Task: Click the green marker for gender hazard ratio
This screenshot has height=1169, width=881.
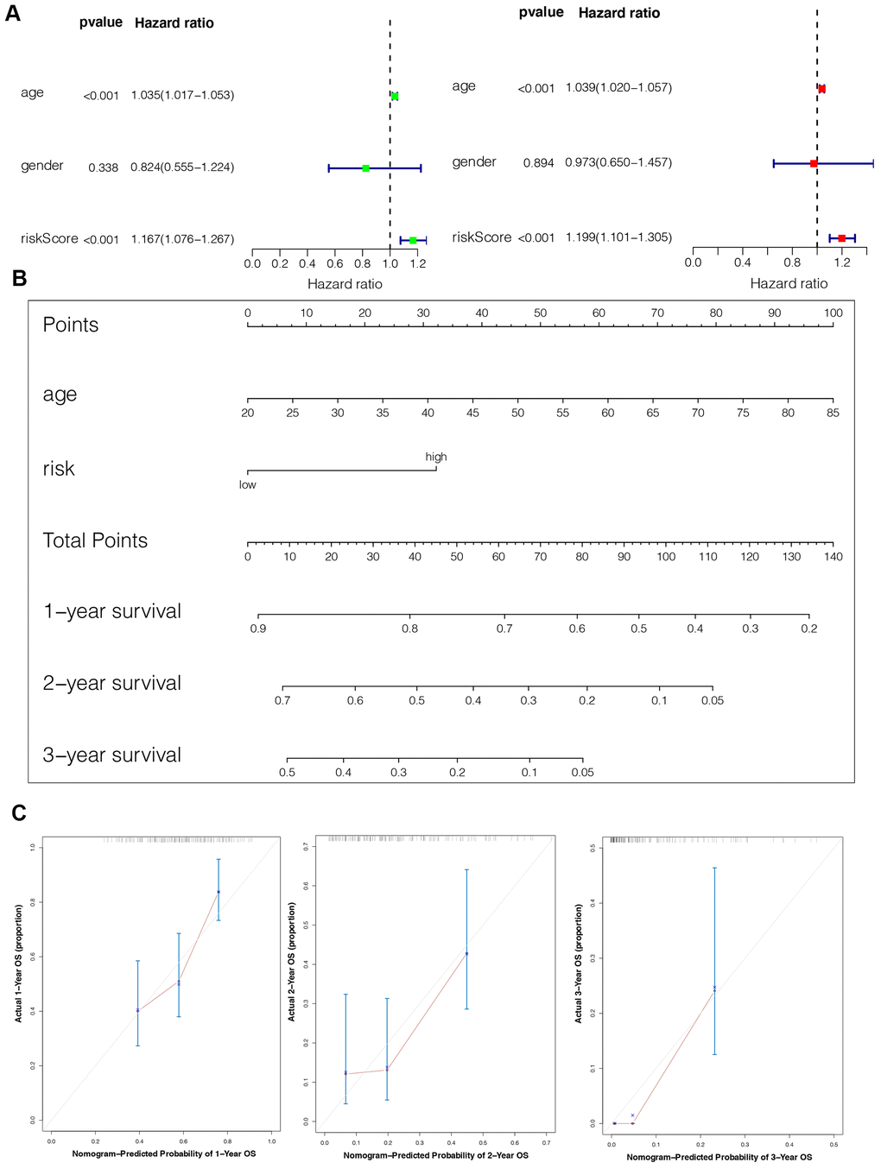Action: [x=365, y=168]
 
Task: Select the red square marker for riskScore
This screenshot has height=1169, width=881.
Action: [x=842, y=237]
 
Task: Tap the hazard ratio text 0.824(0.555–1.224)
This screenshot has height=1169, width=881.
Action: [x=182, y=167]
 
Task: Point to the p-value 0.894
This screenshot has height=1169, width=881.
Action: [x=538, y=163]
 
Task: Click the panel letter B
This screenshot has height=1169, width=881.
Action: [x=19, y=278]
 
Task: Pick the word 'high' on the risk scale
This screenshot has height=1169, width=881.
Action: [x=436, y=457]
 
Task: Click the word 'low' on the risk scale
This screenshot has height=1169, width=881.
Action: [x=248, y=485]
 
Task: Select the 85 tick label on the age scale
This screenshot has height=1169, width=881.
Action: [x=833, y=413]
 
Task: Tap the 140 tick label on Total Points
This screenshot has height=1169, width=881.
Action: [x=833, y=557]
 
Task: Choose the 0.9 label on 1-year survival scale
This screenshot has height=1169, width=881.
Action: [x=258, y=629]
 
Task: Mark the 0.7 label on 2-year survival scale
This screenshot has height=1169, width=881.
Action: [x=282, y=700]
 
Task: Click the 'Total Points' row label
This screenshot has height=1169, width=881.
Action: [x=95, y=540]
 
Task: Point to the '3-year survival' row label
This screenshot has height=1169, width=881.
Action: [x=112, y=755]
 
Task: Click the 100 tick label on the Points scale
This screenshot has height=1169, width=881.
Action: [x=833, y=313]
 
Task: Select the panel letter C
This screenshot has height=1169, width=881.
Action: [x=19, y=812]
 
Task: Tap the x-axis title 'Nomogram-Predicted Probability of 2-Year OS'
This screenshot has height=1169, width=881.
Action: [x=435, y=1155]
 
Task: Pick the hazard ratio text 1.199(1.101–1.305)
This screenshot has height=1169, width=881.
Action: [x=618, y=237]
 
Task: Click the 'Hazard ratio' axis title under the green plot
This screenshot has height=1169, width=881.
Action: [x=345, y=284]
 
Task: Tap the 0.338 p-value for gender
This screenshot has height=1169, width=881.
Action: [x=103, y=167]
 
